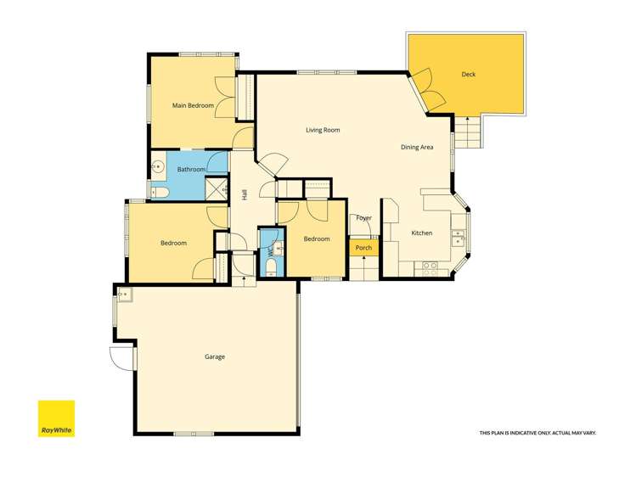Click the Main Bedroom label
(x=191, y=105)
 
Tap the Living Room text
(x=323, y=130)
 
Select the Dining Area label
(x=417, y=147)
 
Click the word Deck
(x=469, y=74)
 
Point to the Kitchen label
(x=422, y=233)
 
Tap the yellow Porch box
(x=363, y=248)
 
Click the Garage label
(x=215, y=356)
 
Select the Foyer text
(x=363, y=218)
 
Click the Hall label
(x=245, y=194)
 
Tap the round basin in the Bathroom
(x=157, y=167)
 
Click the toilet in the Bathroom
(x=161, y=193)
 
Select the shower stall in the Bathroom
(x=217, y=189)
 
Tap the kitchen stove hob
(x=431, y=267)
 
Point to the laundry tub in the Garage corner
(x=124, y=295)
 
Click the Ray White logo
(x=56, y=418)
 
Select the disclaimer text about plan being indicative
(x=538, y=433)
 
